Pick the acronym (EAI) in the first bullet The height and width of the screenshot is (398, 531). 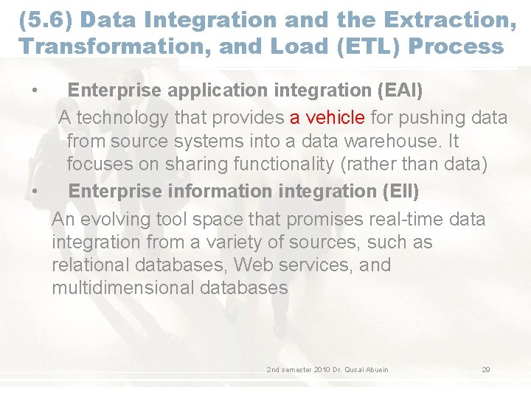(399, 91)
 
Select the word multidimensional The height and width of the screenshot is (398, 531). (122, 287)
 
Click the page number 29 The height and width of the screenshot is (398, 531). (486, 369)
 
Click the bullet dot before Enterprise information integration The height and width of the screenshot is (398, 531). (35, 191)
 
